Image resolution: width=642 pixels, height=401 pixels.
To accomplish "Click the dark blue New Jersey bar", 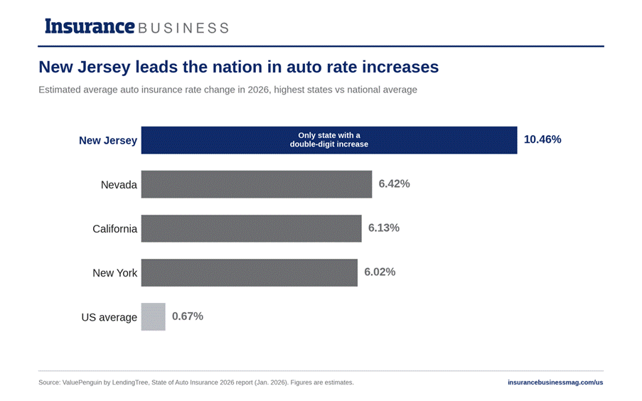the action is tap(329, 140).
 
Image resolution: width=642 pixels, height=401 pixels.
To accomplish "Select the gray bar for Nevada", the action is tap(257, 184).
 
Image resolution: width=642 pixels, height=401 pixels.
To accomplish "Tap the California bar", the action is tap(252, 228).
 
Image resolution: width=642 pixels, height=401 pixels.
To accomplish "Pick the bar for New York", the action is tap(250, 273).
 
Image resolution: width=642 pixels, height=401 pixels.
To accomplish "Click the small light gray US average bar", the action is tap(153, 316).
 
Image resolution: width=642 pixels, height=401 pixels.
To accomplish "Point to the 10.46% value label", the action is tap(542, 139).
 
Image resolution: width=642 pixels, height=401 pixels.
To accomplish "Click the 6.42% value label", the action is tap(394, 183).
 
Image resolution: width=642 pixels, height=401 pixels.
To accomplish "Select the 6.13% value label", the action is tap(384, 228).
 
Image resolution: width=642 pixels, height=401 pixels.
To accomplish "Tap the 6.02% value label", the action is tap(380, 272).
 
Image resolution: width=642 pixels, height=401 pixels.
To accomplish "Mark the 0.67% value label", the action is tap(188, 316).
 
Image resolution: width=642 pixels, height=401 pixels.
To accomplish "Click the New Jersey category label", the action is tap(108, 141).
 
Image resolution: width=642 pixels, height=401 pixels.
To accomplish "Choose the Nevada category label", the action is tap(119, 185).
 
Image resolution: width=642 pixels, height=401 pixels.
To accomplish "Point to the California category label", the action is tap(114, 228).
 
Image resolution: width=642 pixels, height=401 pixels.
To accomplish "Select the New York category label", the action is tap(114, 273).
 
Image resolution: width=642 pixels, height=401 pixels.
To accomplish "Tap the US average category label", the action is tap(109, 317).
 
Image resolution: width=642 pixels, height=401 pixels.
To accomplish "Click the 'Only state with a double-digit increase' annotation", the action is tap(329, 139).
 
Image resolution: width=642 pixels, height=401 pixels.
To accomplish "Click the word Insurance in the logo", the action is tap(90, 26).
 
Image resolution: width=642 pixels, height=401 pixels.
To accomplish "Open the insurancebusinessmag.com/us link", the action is tap(555, 383).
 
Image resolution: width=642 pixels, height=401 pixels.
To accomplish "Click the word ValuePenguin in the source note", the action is tap(82, 383).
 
